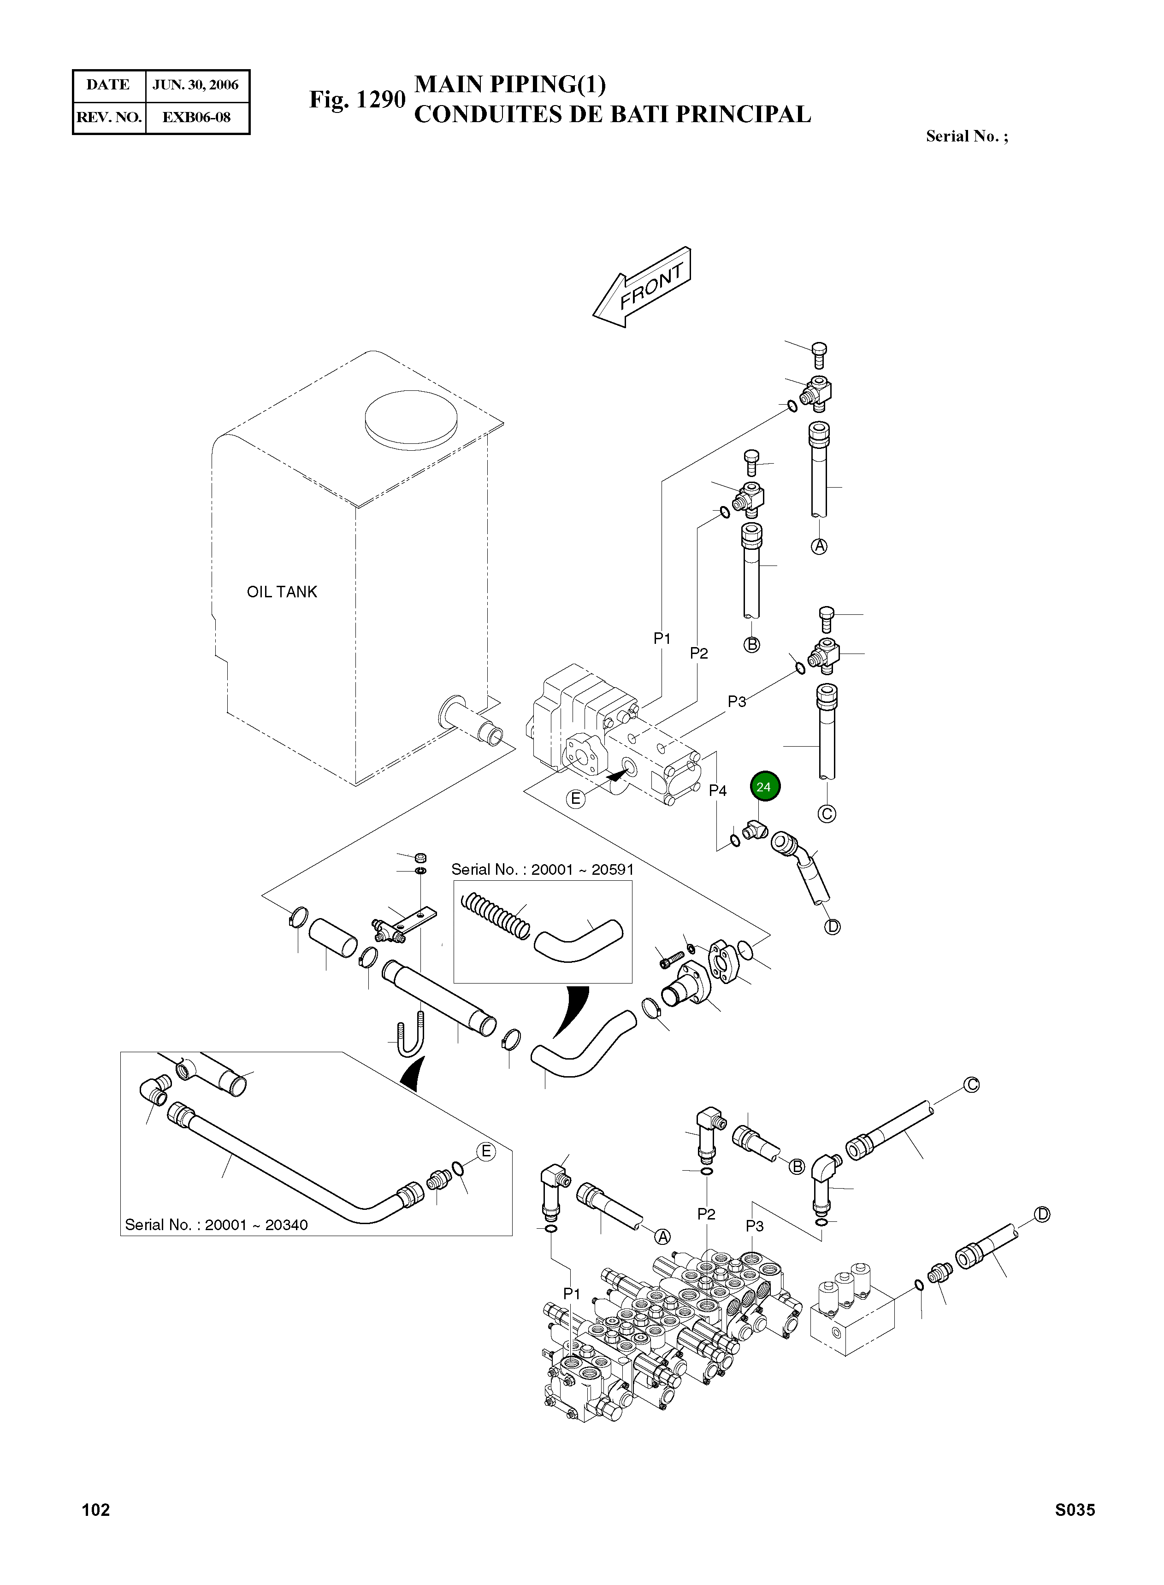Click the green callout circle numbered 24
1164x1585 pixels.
[x=764, y=787]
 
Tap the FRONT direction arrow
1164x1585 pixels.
[x=643, y=288]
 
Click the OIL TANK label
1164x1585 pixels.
[x=282, y=592]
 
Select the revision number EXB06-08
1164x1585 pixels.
[x=196, y=118]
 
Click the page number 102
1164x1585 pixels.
[x=96, y=1509]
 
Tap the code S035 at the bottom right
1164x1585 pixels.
[x=1075, y=1509]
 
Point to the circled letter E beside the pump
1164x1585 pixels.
[x=576, y=799]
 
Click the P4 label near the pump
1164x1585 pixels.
[x=717, y=790]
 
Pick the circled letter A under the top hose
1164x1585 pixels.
[x=819, y=546]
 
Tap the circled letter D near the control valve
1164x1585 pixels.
[x=1042, y=1214]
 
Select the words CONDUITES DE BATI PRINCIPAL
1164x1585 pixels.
[x=612, y=115]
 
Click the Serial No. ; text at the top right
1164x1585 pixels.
[x=967, y=137]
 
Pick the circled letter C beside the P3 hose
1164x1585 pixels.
[x=827, y=813]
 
